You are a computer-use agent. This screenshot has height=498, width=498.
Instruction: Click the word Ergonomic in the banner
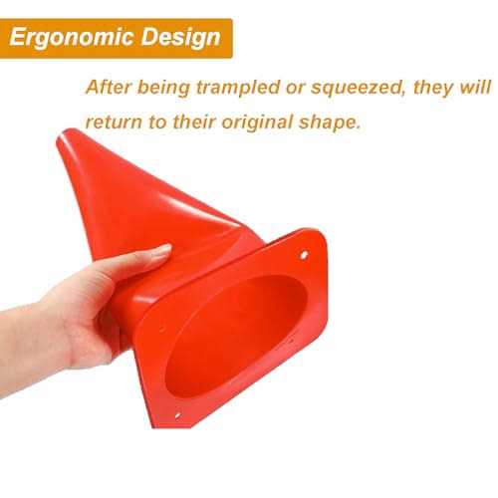(72, 37)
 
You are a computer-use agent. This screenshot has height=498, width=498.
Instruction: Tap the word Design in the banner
(181, 37)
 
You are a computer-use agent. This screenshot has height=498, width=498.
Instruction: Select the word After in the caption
(109, 88)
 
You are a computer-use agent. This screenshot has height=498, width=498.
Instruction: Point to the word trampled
(238, 88)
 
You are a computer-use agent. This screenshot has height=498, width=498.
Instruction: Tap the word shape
(330, 123)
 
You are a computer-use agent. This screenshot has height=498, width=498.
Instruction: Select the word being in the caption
(163, 89)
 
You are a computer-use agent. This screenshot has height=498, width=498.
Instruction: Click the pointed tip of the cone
(64, 133)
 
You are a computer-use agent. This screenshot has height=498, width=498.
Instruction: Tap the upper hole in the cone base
(304, 255)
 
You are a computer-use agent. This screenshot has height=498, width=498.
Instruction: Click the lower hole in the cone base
(177, 415)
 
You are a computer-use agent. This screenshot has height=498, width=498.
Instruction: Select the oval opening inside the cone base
(236, 336)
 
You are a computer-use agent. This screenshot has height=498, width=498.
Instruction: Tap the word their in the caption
(194, 123)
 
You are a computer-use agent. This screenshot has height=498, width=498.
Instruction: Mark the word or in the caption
(296, 90)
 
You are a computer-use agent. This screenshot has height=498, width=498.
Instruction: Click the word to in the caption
(157, 123)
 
